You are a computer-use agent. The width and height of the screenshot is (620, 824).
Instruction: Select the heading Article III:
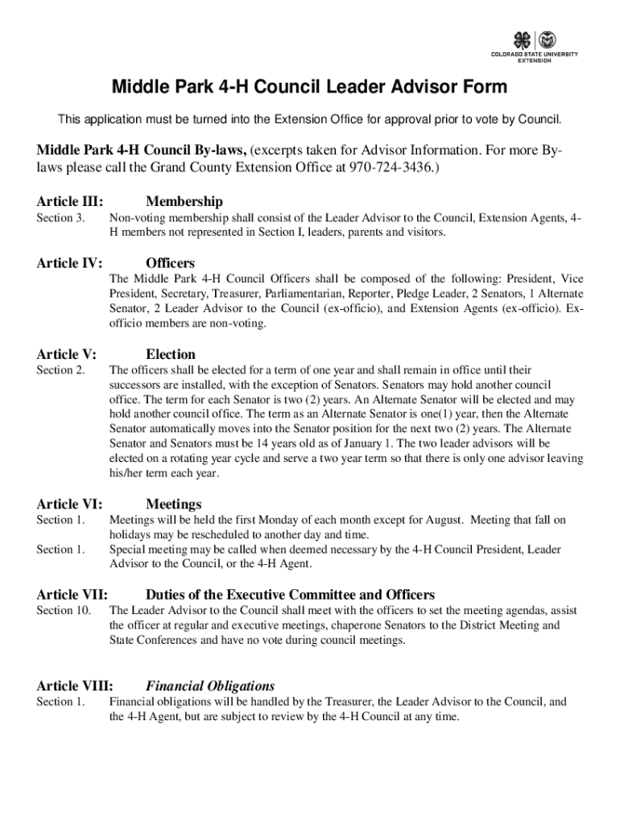[70, 201]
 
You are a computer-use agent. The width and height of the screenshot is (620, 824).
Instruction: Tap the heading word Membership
[184, 201]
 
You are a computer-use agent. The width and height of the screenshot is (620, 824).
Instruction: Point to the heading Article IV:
[70, 263]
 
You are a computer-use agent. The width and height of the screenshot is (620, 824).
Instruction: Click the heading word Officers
[170, 263]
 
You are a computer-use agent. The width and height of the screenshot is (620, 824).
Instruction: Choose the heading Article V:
[67, 354]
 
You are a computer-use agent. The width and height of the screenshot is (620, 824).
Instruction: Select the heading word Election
[170, 354]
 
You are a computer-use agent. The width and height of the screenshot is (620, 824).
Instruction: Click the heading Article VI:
[69, 504]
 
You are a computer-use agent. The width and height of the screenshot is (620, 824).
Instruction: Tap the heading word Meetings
[173, 504]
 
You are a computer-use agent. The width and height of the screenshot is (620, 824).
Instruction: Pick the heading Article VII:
[72, 595]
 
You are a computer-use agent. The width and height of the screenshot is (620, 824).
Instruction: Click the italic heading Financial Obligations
[210, 686]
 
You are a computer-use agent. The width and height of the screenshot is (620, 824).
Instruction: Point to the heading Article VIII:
[75, 686]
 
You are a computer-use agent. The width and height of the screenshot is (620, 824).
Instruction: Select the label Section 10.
[64, 611]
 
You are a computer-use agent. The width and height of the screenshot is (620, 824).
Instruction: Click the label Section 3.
[60, 218]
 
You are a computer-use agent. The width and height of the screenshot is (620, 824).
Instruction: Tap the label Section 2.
[60, 370]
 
